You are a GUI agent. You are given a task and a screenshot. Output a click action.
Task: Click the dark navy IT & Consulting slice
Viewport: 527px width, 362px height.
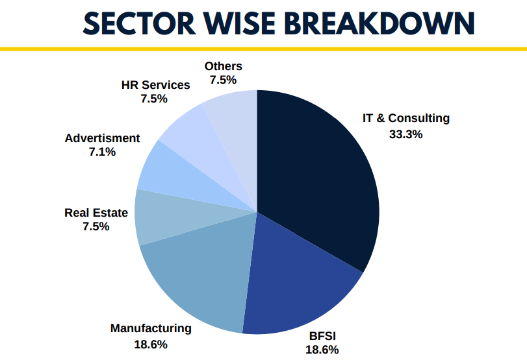318,175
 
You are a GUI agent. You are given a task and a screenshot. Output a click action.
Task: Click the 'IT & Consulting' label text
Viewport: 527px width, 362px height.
405,118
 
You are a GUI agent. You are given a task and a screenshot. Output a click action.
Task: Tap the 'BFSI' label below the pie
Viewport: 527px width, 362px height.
322,336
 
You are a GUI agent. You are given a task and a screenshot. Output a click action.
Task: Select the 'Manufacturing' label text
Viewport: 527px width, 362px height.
151,328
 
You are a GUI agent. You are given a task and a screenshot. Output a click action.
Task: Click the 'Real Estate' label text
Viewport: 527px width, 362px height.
96,212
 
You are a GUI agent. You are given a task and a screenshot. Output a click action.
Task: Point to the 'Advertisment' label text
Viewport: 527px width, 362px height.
102,138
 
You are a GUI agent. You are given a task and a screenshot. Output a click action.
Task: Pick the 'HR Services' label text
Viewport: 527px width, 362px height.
155,85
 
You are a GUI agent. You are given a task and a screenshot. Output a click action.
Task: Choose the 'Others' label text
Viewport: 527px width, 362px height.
223,66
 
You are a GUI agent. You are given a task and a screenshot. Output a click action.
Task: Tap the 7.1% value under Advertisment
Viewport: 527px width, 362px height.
102,152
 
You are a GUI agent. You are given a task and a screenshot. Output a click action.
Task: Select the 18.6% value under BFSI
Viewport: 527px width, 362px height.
322,350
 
